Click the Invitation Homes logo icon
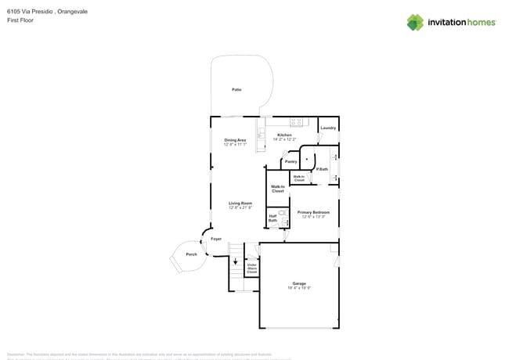point(415,22)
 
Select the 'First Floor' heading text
point(18,20)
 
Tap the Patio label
point(236,89)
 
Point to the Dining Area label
point(235,140)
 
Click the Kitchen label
point(284,135)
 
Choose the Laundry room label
point(328,128)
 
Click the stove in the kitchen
point(297,121)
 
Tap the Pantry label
point(291,162)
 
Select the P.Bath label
point(322,169)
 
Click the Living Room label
point(240,203)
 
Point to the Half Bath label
point(273,218)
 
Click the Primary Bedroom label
point(314,212)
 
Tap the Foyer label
point(216,239)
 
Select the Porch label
point(191,254)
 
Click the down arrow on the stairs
point(234,262)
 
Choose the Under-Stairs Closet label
point(252,268)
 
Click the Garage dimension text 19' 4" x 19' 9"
point(299,288)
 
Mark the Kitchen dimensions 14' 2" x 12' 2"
point(284,139)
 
